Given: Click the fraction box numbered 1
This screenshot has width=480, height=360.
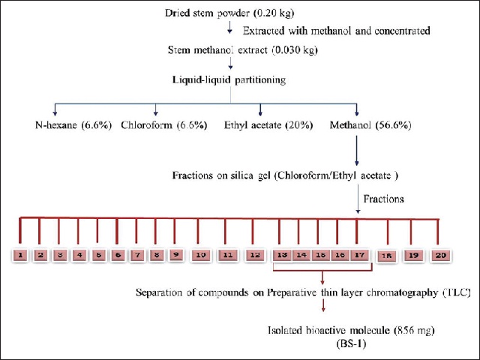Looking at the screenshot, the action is [x=20, y=255].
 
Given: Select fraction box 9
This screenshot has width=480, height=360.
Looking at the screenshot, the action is [x=176, y=254].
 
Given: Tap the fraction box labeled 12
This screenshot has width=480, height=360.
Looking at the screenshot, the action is [x=255, y=255].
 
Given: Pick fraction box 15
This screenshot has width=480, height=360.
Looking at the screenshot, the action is [x=320, y=255].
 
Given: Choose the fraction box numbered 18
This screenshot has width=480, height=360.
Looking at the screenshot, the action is [x=387, y=256].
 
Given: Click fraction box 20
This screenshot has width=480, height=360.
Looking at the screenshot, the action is [x=440, y=255].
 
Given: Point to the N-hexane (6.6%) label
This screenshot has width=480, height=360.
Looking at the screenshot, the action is [x=73, y=125].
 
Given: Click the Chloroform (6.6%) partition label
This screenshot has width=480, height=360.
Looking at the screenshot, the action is [x=164, y=125].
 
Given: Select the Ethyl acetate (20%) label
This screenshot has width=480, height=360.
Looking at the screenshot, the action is [x=268, y=125].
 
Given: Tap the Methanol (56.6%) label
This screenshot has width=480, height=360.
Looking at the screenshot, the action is [x=370, y=125].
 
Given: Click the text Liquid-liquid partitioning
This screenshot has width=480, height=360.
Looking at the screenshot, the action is [x=229, y=80].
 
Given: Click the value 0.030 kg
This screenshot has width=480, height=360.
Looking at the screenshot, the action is [x=295, y=50].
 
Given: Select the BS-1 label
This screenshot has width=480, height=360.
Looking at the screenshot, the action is [x=351, y=344].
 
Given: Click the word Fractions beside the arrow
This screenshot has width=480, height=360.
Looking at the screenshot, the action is [x=383, y=199].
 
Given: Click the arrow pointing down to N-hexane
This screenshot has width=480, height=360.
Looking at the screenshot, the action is [x=55, y=109].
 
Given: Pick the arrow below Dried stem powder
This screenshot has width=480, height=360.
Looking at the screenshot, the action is [x=229, y=27].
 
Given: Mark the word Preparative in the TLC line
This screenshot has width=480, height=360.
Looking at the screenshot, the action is [x=292, y=292].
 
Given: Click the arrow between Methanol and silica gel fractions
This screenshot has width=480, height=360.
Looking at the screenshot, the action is [x=357, y=151].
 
